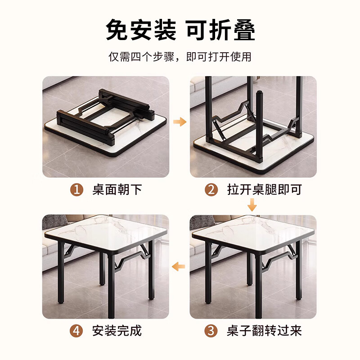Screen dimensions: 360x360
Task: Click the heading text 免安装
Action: (141, 30)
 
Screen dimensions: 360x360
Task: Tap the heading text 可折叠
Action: (220, 30)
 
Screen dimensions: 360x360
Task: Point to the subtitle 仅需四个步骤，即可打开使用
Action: (180, 57)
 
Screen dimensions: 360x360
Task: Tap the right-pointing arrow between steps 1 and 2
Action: (180, 121)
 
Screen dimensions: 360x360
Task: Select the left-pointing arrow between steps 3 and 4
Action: (180, 266)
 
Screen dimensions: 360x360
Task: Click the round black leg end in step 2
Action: (259, 97)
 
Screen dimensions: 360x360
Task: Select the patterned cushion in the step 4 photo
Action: (55, 222)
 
